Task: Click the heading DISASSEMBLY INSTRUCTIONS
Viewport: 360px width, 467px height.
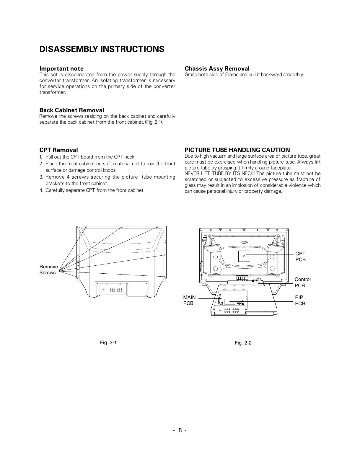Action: (102, 49)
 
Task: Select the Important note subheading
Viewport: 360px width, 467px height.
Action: (61, 68)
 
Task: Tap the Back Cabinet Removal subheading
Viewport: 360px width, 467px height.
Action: (72, 110)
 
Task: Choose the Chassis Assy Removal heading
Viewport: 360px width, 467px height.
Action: (217, 68)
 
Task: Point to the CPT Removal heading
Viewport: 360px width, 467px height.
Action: (59, 150)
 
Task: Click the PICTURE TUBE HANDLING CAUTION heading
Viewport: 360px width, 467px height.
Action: (237, 150)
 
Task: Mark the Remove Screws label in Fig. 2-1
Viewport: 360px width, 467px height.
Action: (48, 270)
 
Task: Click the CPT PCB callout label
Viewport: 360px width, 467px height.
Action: (300, 257)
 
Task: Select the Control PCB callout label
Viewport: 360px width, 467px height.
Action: (302, 282)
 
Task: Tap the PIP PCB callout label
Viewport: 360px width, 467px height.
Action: (300, 300)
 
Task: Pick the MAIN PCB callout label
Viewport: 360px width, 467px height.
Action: (189, 300)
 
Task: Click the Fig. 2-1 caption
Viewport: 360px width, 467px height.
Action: (108, 342)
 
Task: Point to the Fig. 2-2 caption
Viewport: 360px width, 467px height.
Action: (243, 343)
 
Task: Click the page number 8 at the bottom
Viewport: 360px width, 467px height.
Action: (180, 430)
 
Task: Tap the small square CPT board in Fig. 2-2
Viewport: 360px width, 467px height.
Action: (244, 256)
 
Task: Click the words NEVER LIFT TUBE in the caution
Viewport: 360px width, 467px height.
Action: (204, 174)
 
